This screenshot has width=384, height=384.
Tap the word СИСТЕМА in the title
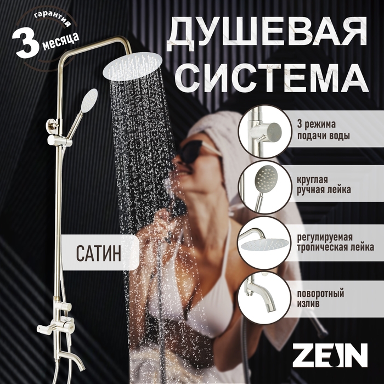pyautogui.click(x=271, y=79)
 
